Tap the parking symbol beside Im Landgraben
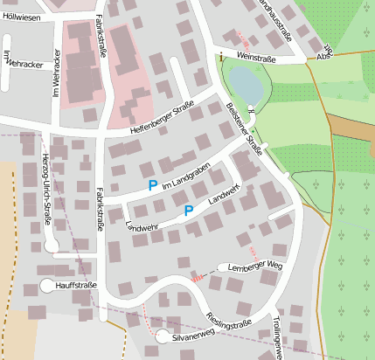pos(153,185)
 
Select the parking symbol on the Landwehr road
pos(188,211)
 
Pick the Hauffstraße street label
pos(74,285)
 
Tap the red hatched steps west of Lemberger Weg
pos(198,277)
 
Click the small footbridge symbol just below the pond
pos(251,110)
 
